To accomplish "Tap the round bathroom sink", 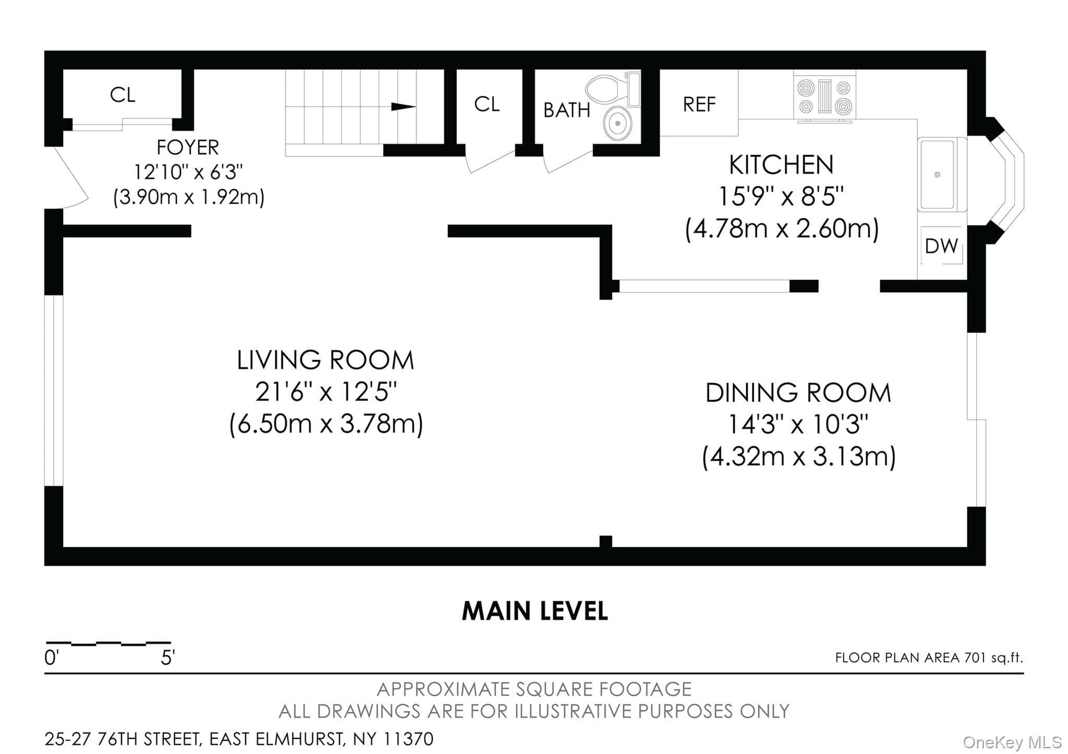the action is [x=617, y=124].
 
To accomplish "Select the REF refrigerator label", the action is [x=699, y=104].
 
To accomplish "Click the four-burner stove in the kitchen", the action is [x=824, y=96].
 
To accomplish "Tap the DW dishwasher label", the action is [x=941, y=246].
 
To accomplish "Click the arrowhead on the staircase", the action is [x=403, y=107].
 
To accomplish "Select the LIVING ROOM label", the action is [x=325, y=360].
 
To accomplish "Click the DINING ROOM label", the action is [x=798, y=393].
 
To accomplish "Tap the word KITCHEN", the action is [x=781, y=165].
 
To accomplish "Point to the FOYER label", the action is [x=188, y=148].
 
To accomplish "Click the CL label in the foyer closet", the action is [x=123, y=95].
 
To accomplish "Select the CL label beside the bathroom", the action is [x=487, y=104].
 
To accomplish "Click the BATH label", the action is [x=567, y=110].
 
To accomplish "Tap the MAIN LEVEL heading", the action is [x=535, y=611].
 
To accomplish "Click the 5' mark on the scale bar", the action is [x=167, y=658].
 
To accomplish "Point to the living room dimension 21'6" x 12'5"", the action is [x=326, y=392].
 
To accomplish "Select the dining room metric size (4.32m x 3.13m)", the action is [x=799, y=457].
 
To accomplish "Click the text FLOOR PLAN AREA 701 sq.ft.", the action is [x=929, y=658].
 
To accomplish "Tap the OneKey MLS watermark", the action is [x=1012, y=741].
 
